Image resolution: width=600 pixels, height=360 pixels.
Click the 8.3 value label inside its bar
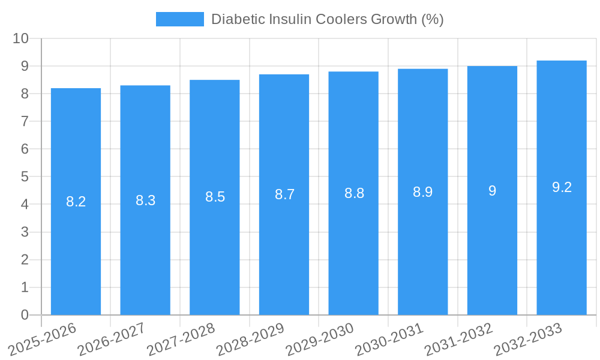coord(145,200)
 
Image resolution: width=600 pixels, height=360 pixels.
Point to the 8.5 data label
coord(215,197)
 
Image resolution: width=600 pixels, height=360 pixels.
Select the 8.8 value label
coord(354,193)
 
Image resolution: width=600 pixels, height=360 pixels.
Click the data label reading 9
coord(492,191)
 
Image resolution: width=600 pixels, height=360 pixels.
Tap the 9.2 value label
coord(562,187)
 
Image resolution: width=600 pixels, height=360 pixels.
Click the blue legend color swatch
coord(179,19)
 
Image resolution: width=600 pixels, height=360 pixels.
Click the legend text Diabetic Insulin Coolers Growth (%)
coord(328,19)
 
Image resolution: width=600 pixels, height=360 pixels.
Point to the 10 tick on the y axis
coord(21,38)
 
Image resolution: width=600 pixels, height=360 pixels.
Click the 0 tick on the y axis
coord(25,315)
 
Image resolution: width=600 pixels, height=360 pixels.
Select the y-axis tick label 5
coord(25,177)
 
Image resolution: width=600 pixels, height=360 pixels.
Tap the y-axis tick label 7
coord(25,121)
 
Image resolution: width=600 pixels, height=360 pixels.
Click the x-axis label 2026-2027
coord(112,339)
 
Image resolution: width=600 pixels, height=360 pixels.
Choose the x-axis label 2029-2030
coord(320,339)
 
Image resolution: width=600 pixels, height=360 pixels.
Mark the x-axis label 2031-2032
coord(459,339)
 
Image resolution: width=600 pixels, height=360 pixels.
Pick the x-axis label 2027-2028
coord(181,339)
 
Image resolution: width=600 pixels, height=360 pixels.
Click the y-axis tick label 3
coord(25,232)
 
